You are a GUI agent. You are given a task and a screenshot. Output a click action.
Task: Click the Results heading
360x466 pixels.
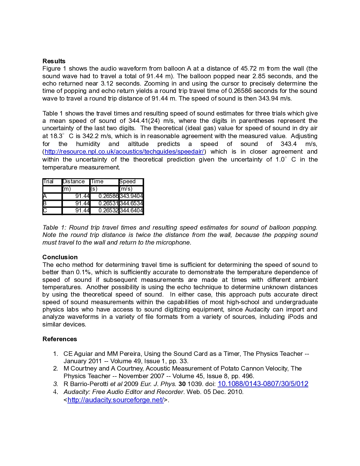54,61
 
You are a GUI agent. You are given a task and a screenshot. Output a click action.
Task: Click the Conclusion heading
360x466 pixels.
60,257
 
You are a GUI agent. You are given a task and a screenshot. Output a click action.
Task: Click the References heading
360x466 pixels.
60,339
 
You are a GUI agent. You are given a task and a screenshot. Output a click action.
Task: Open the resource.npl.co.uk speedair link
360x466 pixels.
124,152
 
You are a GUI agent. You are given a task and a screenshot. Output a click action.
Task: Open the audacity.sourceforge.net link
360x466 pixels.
115,400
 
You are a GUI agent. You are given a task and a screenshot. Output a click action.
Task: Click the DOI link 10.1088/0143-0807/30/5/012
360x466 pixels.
263,384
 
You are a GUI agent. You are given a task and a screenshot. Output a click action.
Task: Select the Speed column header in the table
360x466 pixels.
128,182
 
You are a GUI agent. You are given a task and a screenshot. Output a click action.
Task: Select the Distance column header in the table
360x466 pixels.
74,182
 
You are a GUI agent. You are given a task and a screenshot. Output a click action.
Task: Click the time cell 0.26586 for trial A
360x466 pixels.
108,196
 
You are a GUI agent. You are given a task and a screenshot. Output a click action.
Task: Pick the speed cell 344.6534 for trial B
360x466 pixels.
131,203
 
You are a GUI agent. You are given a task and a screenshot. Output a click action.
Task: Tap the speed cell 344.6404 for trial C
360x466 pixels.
131,211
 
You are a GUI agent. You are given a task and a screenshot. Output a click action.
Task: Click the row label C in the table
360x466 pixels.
45,211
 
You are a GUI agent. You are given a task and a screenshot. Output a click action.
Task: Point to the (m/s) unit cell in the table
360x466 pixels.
126,189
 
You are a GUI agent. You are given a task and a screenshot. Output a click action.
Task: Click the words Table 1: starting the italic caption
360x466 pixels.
54,228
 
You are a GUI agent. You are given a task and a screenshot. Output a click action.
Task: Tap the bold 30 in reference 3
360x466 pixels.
182,384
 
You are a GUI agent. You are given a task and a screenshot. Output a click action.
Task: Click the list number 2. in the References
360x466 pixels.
56,369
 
